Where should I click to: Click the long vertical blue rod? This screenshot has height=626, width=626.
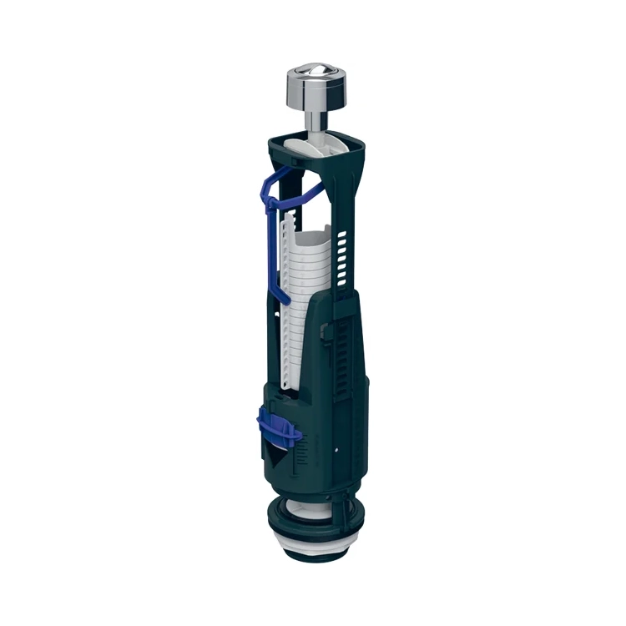[268, 242]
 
